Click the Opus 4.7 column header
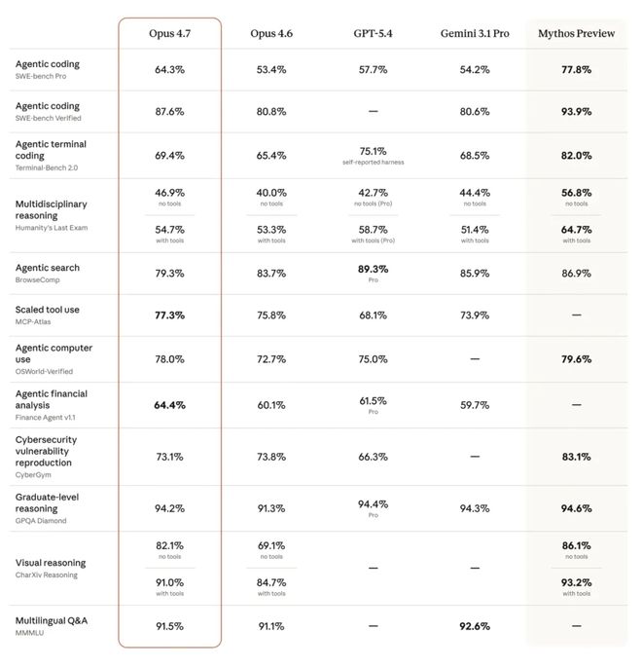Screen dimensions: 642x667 [x=169, y=34]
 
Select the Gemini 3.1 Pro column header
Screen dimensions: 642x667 [x=475, y=34]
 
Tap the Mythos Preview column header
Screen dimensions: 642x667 [x=576, y=34]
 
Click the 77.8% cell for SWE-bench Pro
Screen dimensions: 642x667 [x=576, y=70]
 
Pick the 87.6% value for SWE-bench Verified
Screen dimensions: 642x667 [x=169, y=111]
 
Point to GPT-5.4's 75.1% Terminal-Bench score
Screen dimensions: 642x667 [x=374, y=152]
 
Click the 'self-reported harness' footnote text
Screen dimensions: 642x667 [x=374, y=163]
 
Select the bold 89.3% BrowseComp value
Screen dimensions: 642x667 [x=374, y=270]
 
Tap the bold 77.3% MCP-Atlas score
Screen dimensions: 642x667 [x=169, y=315]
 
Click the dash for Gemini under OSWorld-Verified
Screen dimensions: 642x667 [x=475, y=359]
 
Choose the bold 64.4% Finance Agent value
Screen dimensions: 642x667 [x=169, y=405]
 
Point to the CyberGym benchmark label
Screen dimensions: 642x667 [x=33, y=475]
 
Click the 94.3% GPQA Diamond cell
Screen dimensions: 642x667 [x=475, y=508]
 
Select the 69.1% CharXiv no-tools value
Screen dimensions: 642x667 [x=271, y=545]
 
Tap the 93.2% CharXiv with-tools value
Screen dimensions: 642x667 [x=576, y=582]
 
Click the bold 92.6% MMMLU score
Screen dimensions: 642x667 [x=475, y=626]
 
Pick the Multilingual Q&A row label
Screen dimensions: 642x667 [x=52, y=620]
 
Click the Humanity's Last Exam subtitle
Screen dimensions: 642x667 [x=52, y=228]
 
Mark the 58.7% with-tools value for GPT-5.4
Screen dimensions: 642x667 [x=374, y=230]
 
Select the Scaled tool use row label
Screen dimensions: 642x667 [x=47, y=310]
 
